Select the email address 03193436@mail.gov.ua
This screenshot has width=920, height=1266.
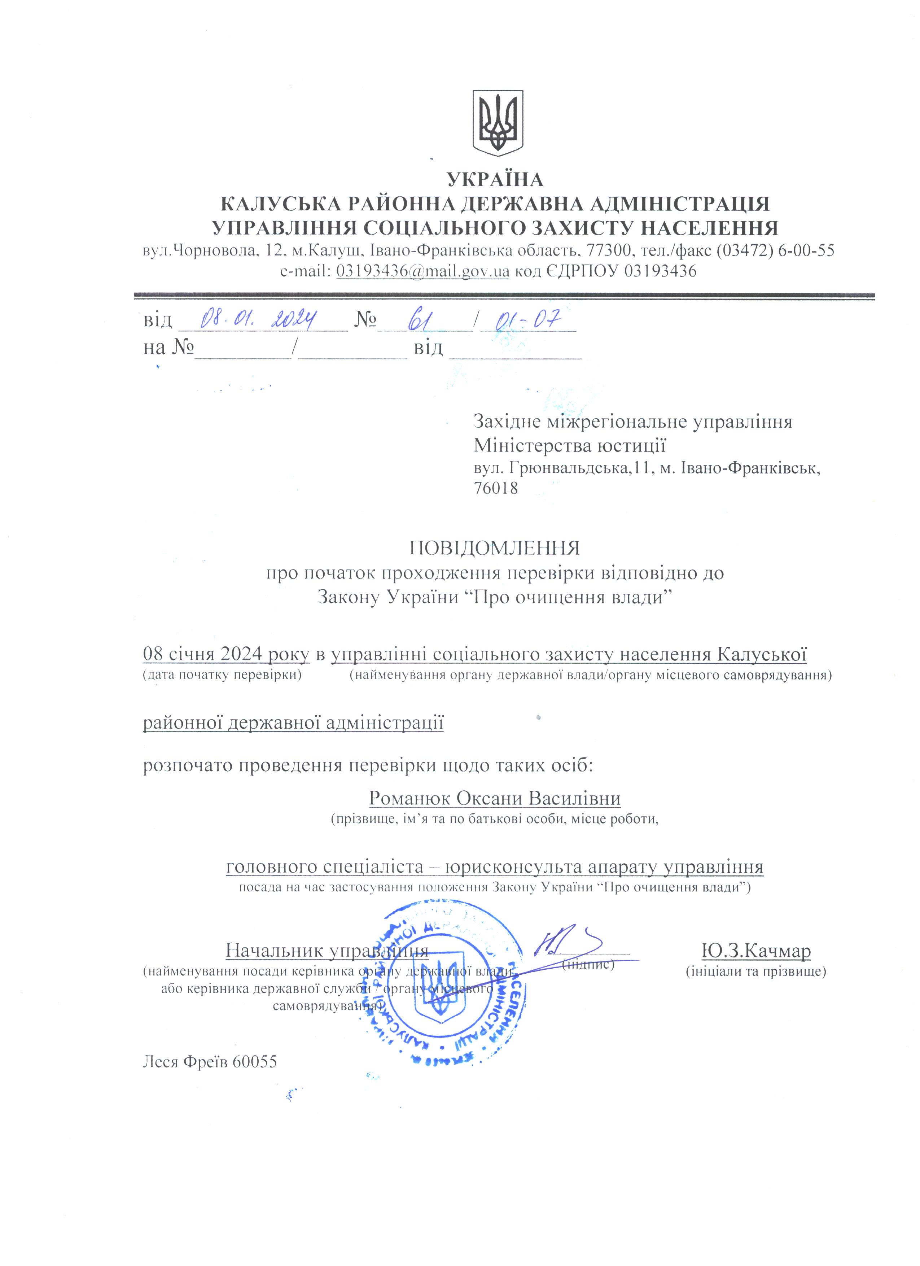pos(423,272)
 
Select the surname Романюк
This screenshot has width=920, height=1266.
pos(410,798)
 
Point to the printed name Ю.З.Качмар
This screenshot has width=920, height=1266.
pos(756,950)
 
